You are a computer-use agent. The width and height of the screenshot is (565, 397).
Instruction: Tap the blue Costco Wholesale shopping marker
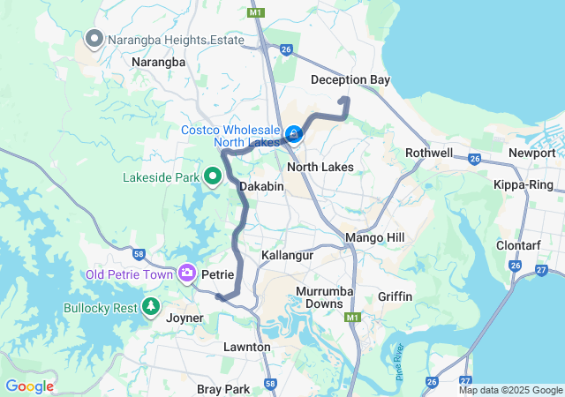pyautogui.click(x=294, y=135)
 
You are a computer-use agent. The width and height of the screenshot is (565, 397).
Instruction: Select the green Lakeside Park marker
pyautogui.click(x=213, y=177)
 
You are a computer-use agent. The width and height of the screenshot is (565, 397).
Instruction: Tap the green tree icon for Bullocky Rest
pyautogui.click(x=151, y=308)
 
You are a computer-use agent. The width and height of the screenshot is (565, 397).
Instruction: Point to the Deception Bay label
pyautogui.click(x=350, y=80)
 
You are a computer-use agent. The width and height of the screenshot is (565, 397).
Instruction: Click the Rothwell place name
pyautogui.click(x=429, y=153)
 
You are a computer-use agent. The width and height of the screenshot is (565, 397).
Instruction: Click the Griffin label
pyautogui.click(x=395, y=296)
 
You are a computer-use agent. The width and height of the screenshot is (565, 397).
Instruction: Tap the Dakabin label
pyautogui.click(x=261, y=186)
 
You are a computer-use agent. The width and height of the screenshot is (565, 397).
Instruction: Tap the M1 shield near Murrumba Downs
pyautogui.click(x=354, y=317)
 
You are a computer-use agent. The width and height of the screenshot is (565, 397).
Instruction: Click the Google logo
pyautogui.click(x=29, y=386)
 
